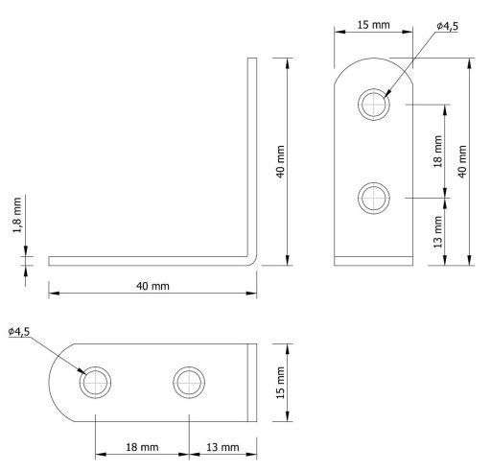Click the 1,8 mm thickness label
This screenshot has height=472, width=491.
(17, 215)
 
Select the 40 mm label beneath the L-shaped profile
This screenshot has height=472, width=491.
(152, 286)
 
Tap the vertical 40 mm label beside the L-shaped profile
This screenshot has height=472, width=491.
(280, 161)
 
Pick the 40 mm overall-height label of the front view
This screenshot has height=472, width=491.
(462, 161)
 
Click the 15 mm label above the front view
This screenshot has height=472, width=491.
(373, 25)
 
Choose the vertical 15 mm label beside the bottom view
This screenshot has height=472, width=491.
(280, 383)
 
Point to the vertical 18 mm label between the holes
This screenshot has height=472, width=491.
(438, 152)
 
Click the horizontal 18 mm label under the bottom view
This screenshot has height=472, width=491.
(142, 447)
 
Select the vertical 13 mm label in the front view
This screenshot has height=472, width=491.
(438, 232)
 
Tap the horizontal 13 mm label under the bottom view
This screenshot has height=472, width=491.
(222, 447)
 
